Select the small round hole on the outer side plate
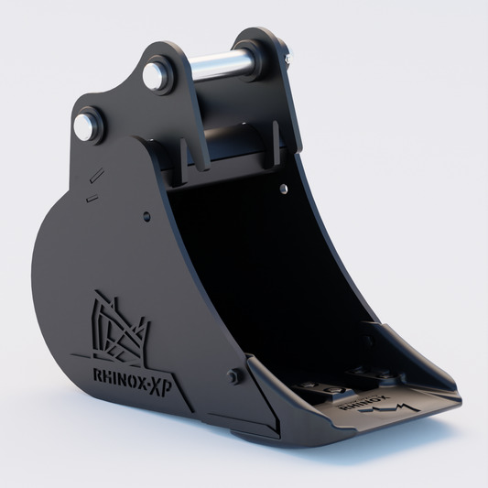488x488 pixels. pos(146,216)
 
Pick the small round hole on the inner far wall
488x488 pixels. pos(283,189)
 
